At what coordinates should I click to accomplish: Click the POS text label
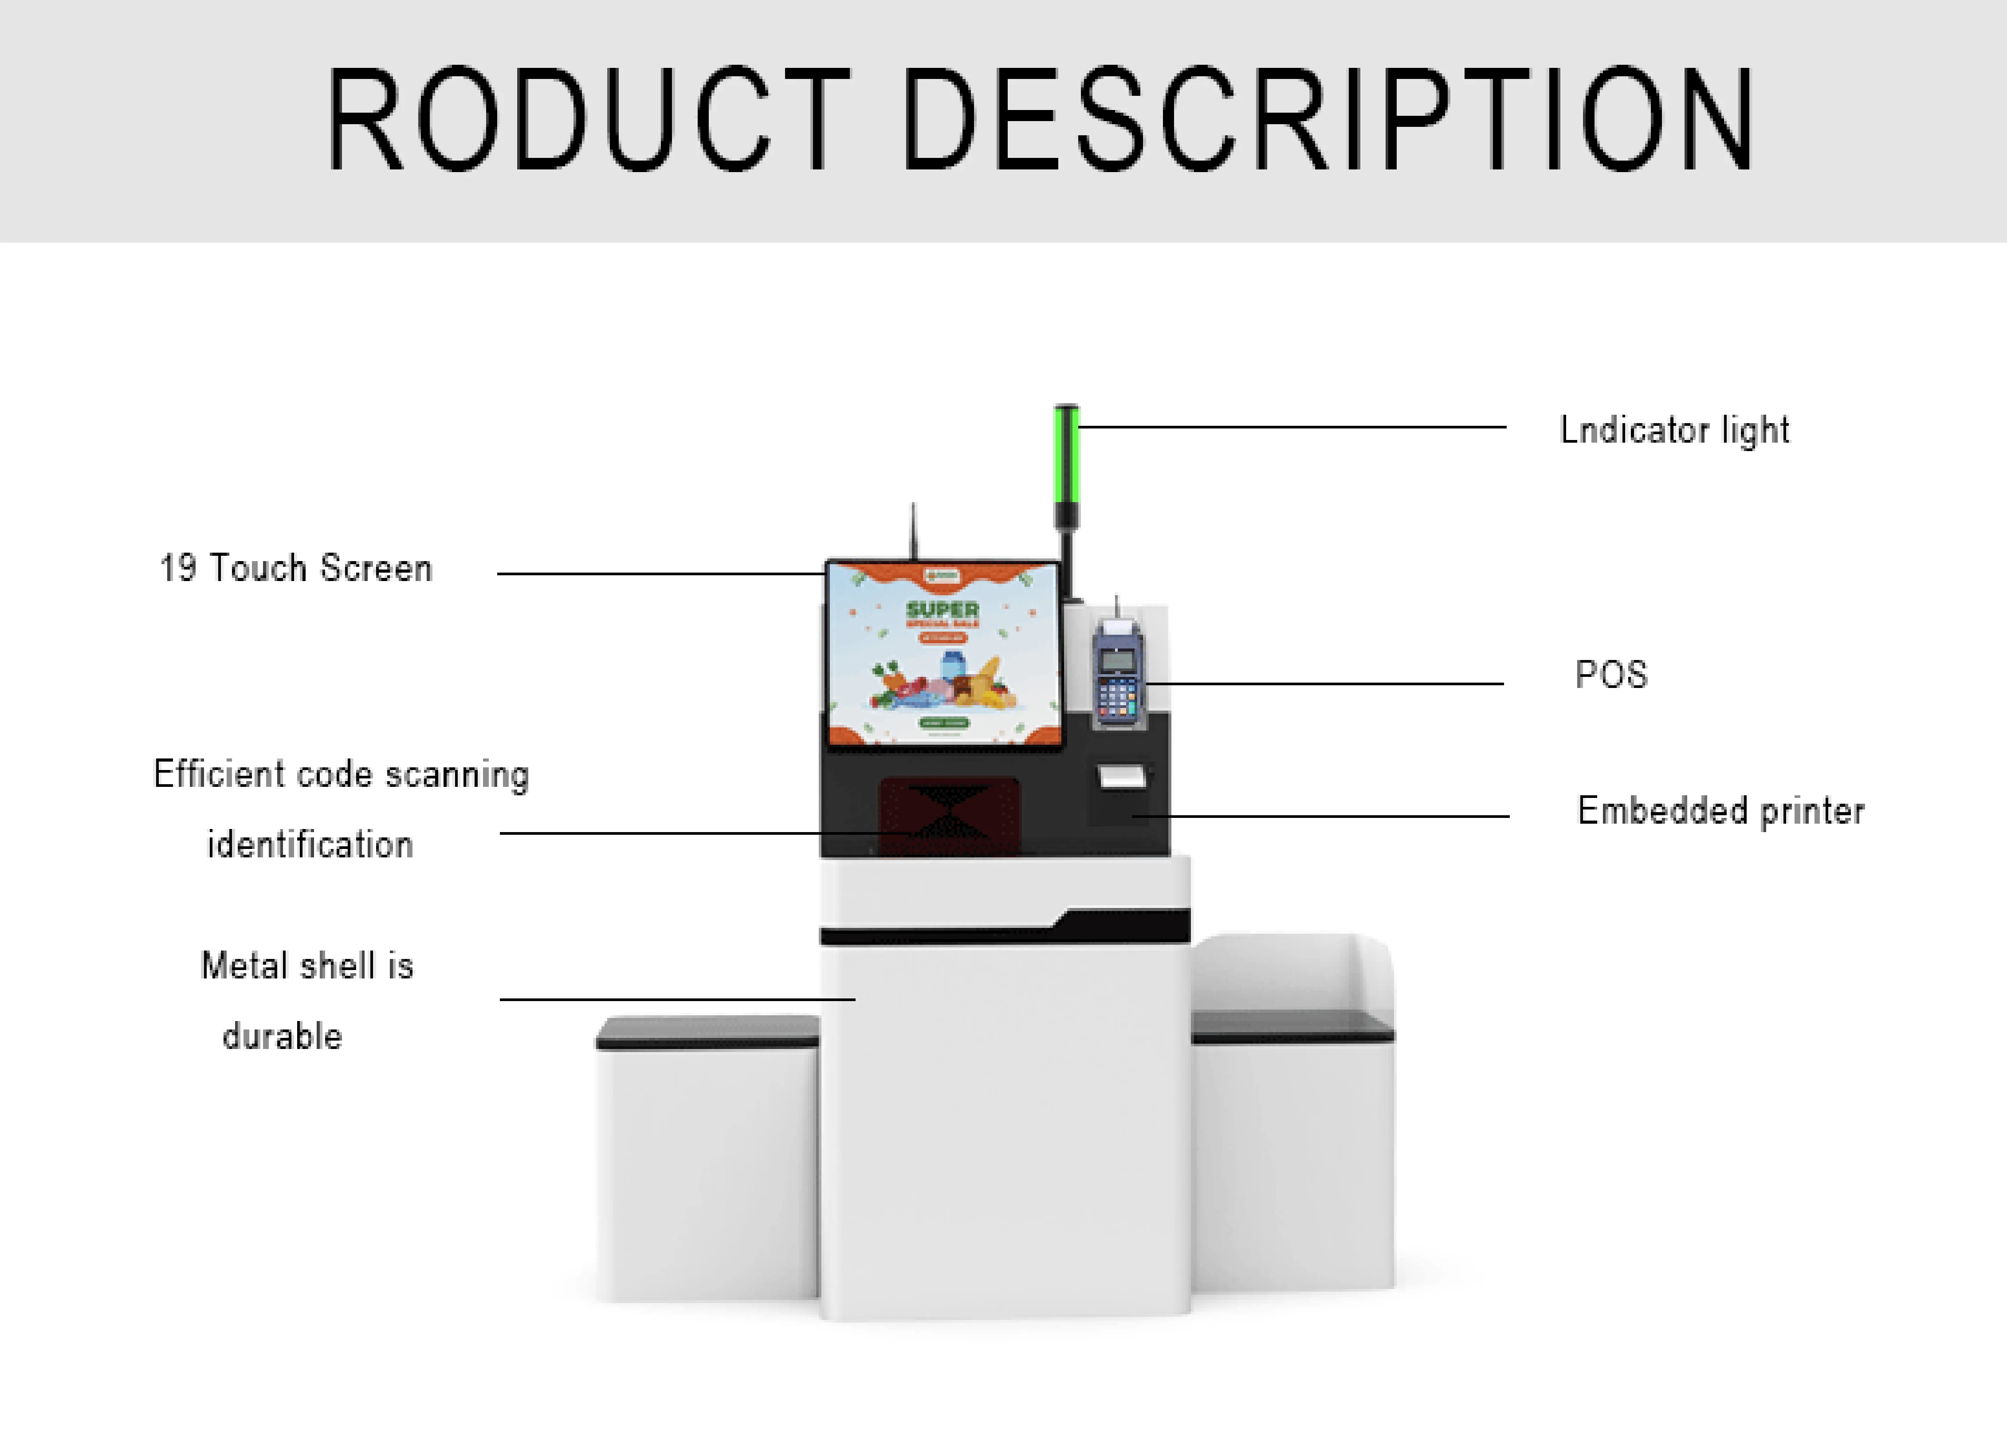[x=1611, y=675]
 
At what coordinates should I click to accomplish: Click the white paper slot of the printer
[x=1121, y=777]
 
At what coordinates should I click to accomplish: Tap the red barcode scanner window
[x=949, y=814]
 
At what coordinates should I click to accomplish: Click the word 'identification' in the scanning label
[x=310, y=845]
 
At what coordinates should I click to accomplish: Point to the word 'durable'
[x=282, y=1037]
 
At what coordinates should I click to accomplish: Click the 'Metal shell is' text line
[x=307, y=966]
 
